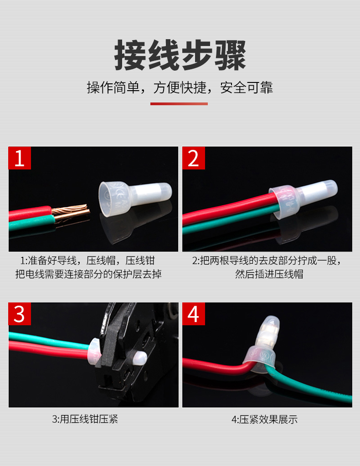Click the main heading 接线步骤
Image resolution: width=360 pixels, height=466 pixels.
[180, 56]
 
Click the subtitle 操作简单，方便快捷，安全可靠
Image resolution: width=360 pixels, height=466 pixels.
[180, 87]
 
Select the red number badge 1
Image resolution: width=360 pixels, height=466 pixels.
[20, 158]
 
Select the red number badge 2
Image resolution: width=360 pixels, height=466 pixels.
[194, 158]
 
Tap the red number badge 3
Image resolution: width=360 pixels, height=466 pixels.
[20, 314]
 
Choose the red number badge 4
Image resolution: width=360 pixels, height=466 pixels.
[194, 314]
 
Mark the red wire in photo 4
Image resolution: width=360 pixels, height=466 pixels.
[210, 364]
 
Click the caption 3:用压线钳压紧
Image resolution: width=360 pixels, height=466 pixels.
[85, 419]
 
